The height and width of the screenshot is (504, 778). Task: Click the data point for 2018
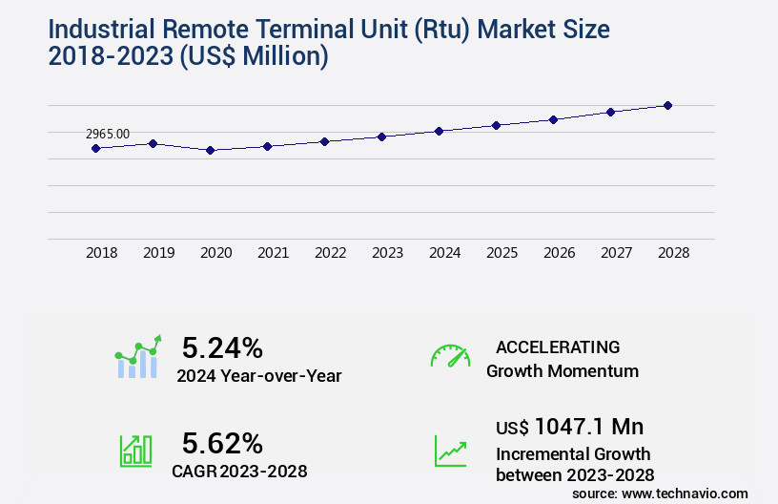95,148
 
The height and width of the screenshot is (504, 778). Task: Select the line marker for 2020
210,150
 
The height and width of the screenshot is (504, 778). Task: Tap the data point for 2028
667,105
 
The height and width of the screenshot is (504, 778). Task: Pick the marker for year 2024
439,131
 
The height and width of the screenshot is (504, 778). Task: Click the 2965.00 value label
108,135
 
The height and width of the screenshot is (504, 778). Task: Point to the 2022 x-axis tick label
330,253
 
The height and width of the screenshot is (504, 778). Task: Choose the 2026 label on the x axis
559,253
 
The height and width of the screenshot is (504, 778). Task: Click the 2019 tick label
158,253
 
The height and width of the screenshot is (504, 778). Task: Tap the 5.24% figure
222,347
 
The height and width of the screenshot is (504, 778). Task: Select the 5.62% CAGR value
222,443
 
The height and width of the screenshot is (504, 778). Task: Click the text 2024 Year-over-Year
258,376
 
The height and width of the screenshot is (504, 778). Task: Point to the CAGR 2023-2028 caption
238,471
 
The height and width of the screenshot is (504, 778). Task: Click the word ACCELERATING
558,346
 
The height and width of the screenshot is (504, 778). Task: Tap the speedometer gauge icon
450,356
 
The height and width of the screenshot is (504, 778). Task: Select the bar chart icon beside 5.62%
135,451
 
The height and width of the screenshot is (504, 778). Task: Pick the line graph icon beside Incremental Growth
450,451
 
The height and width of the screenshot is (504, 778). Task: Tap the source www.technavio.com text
660,493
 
